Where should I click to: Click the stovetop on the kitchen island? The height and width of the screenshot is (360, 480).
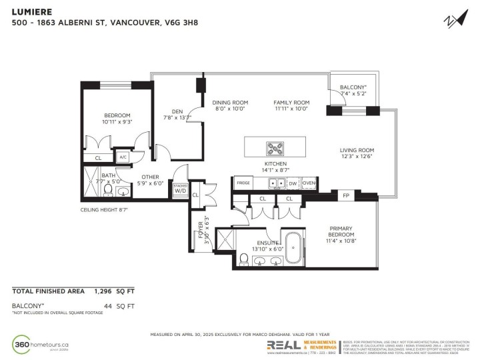coord(275,147)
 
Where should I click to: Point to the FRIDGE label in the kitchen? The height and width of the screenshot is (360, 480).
coord(243,183)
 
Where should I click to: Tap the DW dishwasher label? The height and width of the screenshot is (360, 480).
coord(292,183)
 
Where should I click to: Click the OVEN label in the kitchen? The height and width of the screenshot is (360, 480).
coord(308,183)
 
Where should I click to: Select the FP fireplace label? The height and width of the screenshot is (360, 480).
coord(345,196)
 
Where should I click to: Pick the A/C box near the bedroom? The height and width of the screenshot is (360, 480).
coord(123,158)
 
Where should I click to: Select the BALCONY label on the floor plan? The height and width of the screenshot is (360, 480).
coord(353,87)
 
